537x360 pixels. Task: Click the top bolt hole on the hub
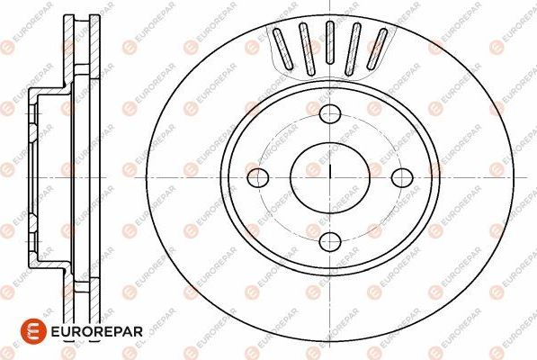(331, 113)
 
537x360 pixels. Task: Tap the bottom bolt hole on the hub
(331, 240)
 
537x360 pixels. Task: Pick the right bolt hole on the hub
(401, 176)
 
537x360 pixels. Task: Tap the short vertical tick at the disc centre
(331, 170)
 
